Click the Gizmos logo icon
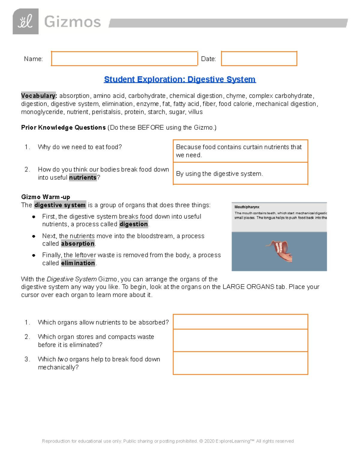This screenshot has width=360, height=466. coord(25,22)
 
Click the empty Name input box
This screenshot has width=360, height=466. coord(124,59)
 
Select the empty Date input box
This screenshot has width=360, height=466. coord(259,59)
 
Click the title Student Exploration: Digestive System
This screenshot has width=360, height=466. coord(180,80)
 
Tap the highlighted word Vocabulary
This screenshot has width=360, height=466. coord(39,96)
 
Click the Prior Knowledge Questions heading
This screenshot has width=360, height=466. coord(63,128)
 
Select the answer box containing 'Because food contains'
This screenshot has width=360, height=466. coord(240,151)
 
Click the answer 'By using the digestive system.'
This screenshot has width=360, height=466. coord(219,174)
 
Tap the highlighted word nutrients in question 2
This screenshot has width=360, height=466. coord(83,178)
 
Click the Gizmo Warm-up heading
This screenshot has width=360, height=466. coord(46,197)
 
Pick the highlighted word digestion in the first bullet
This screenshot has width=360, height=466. coord(133,224)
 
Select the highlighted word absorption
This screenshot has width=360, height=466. coord(78,244)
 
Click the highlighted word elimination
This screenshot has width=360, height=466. coord(78,263)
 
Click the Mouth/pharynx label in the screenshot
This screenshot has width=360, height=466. coord(247,207)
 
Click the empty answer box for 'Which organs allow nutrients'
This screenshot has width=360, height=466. coord(240,322)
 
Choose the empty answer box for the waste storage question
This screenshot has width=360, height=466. coord(240,341)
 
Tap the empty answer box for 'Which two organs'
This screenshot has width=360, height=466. coord(240,363)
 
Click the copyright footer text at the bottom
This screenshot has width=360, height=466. coord(168,441)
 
